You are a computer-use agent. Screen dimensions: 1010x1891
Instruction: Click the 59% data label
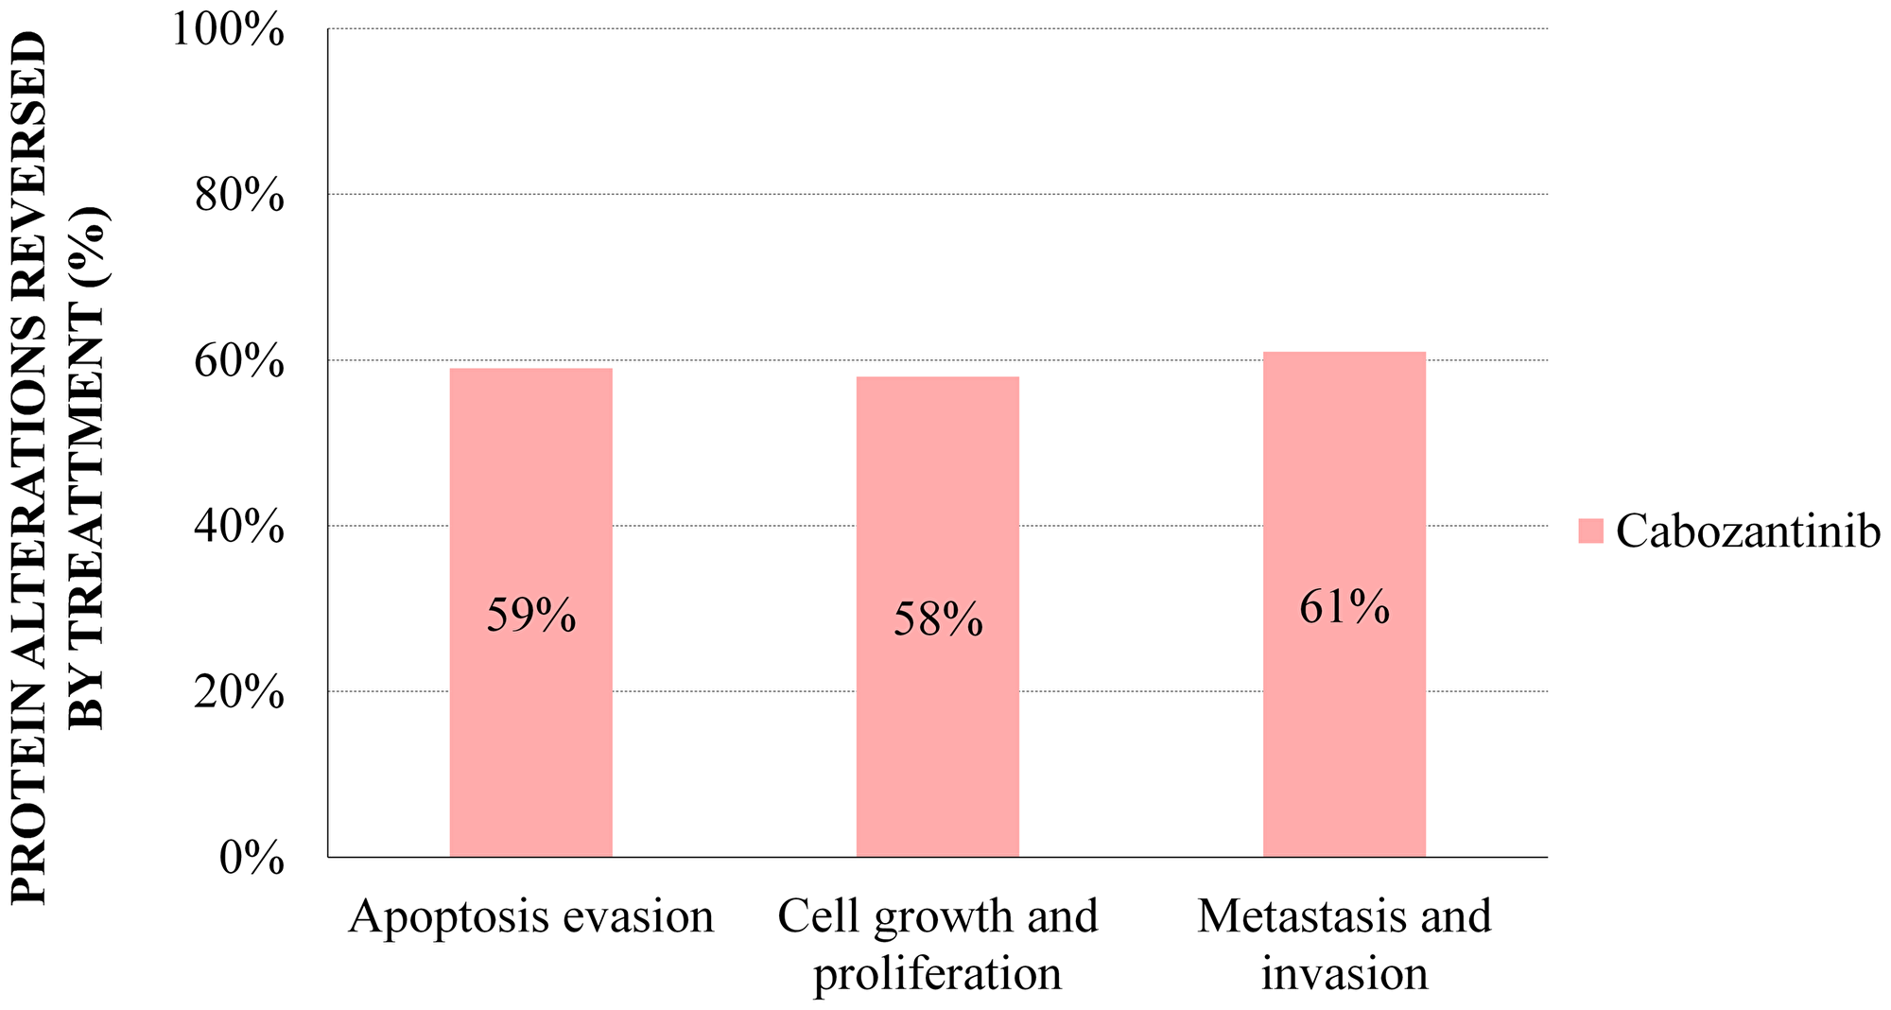[530, 616]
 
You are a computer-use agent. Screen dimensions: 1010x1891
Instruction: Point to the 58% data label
[938, 620]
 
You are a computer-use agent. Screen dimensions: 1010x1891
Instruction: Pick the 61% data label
[1344, 607]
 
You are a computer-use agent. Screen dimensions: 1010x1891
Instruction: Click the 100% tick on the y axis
[227, 30]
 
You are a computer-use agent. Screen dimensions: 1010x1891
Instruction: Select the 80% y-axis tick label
[238, 197]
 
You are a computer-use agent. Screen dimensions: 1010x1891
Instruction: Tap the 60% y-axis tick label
[238, 362]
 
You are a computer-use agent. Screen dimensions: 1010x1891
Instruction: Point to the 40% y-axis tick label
[238, 528]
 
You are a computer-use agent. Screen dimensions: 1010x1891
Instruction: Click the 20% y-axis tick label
[238, 693]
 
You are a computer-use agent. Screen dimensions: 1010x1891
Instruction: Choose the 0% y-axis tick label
[252, 859]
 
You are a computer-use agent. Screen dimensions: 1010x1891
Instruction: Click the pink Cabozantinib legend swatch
[1590, 531]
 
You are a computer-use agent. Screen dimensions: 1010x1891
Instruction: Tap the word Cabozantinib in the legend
[1747, 531]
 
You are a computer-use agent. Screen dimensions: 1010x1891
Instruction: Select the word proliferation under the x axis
[937, 974]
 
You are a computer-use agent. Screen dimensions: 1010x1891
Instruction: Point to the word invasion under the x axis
[1344, 974]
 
